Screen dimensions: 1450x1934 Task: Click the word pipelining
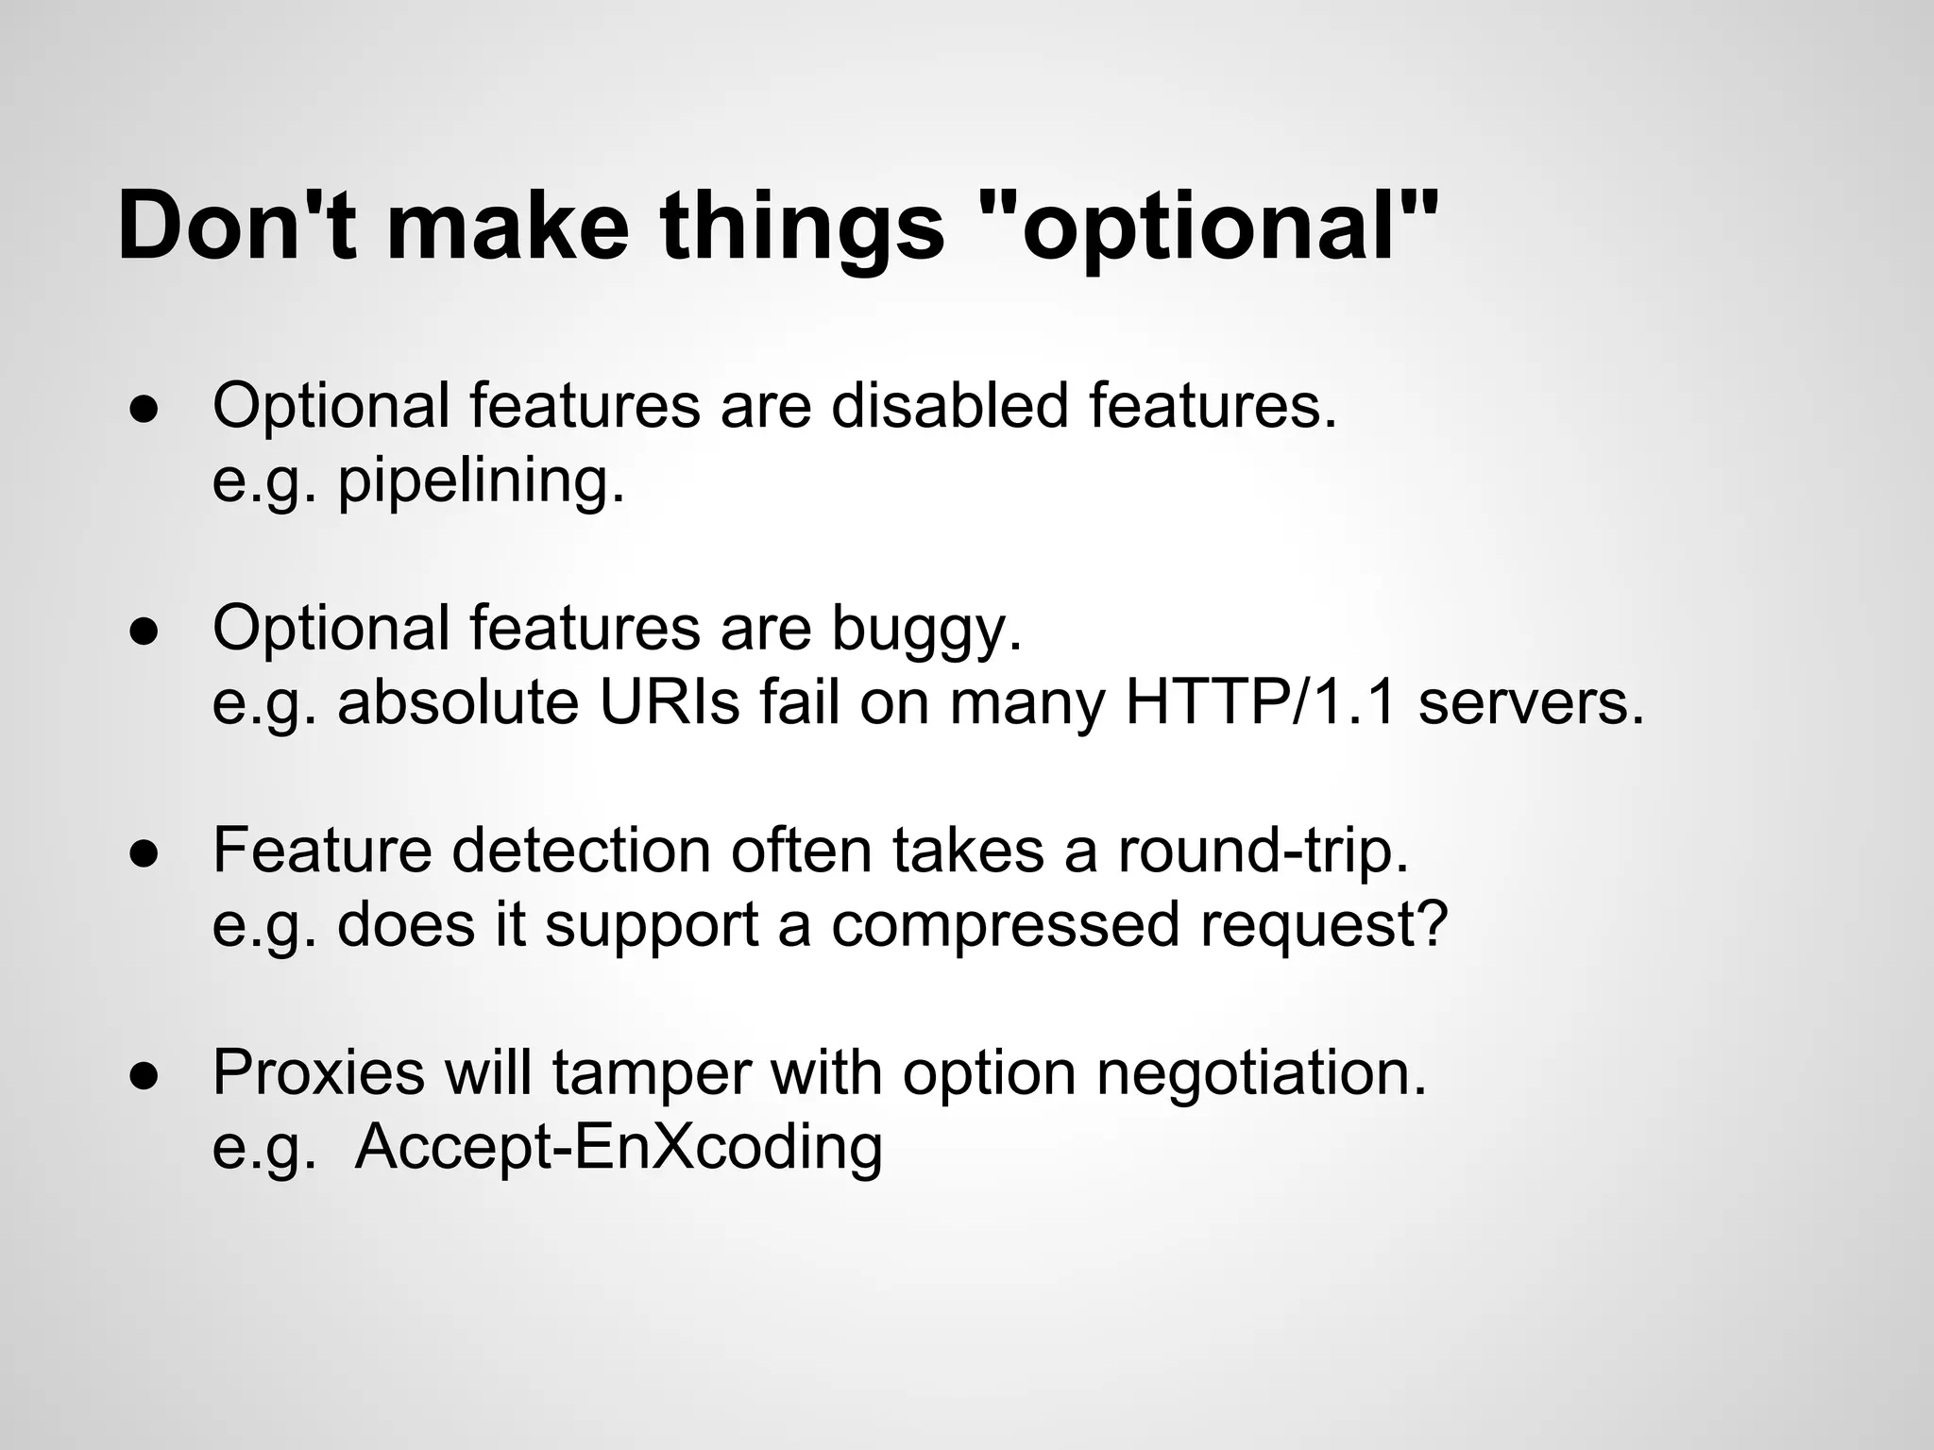coord(482,481)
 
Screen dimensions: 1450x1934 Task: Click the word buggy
coord(926,629)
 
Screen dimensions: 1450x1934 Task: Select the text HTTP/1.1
coord(1261,703)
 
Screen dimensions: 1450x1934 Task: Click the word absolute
coord(457,703)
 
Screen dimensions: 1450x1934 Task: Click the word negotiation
coord(1261,1072)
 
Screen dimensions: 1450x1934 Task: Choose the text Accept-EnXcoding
coord(619,1148)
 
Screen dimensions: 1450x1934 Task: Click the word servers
coord(1531,703)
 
